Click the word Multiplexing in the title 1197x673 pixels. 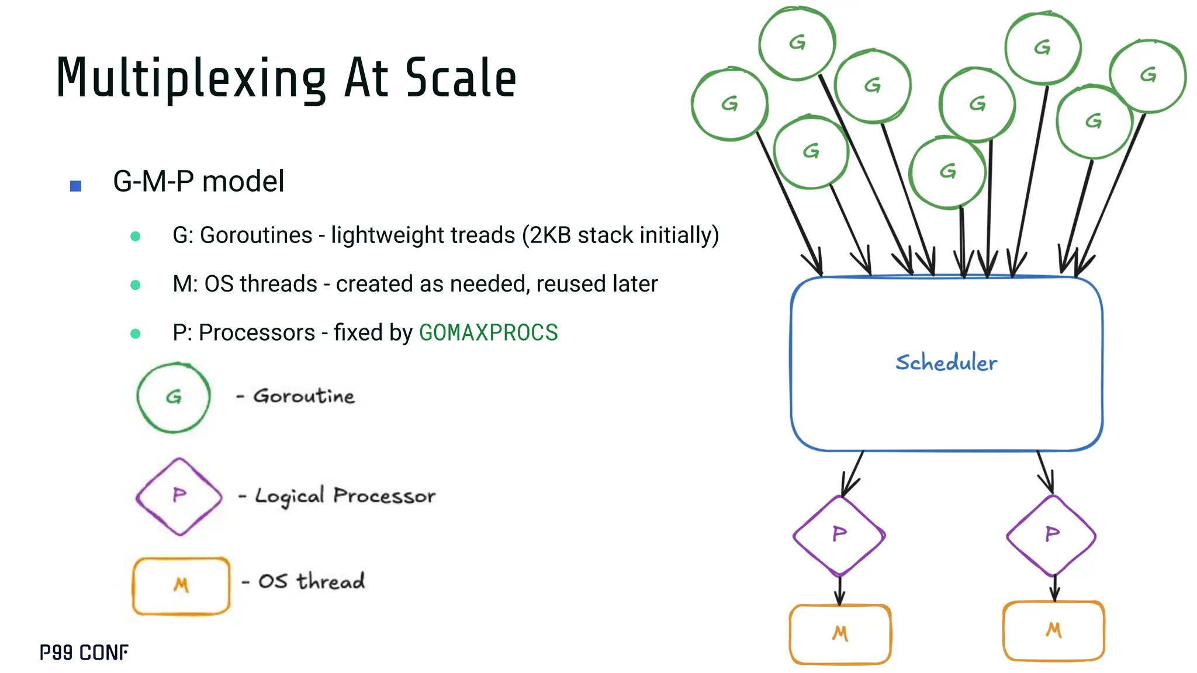click(x=191, y=79)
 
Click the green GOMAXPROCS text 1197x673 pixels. click(x=489, y=332)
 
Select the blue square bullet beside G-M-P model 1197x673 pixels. click(x=75, y=186)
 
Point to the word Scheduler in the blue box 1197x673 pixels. click(x=946, y=363)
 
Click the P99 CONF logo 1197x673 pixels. click(x=84, y=653)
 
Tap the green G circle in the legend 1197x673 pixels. click(x=174, y=398)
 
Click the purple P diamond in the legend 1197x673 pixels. click(x=179, y=497)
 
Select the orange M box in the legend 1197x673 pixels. click(x=181, y=585)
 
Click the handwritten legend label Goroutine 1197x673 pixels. click(x=304, y=396)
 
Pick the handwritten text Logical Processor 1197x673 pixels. click(x=345, y=496)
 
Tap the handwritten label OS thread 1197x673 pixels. click(x=312, y=581)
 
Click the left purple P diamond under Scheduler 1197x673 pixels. click(x=839, y=535)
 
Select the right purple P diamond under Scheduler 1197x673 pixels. click(x=1052, y=535)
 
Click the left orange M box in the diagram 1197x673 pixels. click(x=840, y=634)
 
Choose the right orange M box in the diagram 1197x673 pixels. click(x=1053, y=631)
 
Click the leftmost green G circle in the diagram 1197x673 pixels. click(x=729, y=105)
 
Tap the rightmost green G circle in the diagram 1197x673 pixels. click(x=1148, y=75)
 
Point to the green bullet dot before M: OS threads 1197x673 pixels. click(x=136, y=285)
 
